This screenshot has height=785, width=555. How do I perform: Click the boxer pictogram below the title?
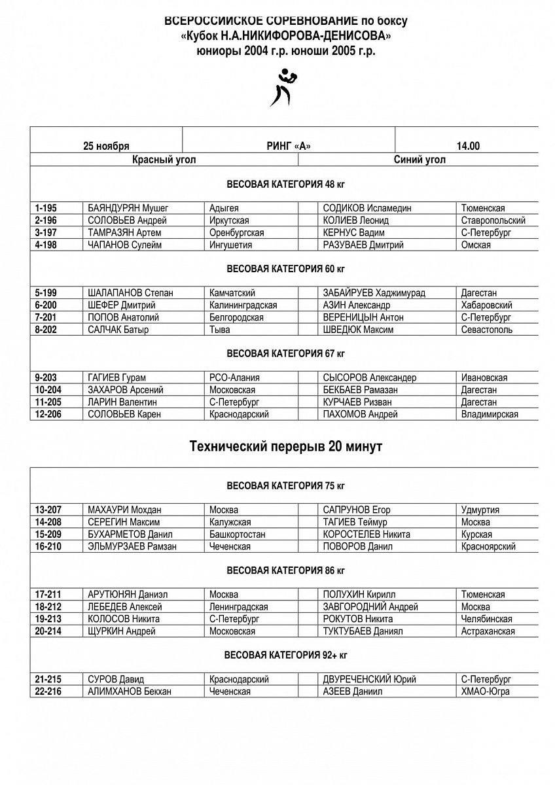283,89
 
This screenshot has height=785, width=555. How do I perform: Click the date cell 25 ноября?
106,146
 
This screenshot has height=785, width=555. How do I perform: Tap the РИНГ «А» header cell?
289,146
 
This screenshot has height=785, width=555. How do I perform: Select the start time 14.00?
468,146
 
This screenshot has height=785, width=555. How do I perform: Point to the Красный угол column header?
164,159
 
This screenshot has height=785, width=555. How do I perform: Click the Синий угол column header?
420,159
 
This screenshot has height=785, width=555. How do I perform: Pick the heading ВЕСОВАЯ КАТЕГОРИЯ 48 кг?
286,184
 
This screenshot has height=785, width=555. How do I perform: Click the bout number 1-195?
46,208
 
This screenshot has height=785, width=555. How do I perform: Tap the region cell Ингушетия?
230,245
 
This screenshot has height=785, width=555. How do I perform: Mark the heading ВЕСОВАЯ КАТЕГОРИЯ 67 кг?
286,353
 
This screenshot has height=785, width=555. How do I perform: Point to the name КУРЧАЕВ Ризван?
357,402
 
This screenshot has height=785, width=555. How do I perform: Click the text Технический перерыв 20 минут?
286,447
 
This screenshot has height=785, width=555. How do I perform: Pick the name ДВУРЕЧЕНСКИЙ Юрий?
370,679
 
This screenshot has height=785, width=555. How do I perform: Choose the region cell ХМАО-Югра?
485,691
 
